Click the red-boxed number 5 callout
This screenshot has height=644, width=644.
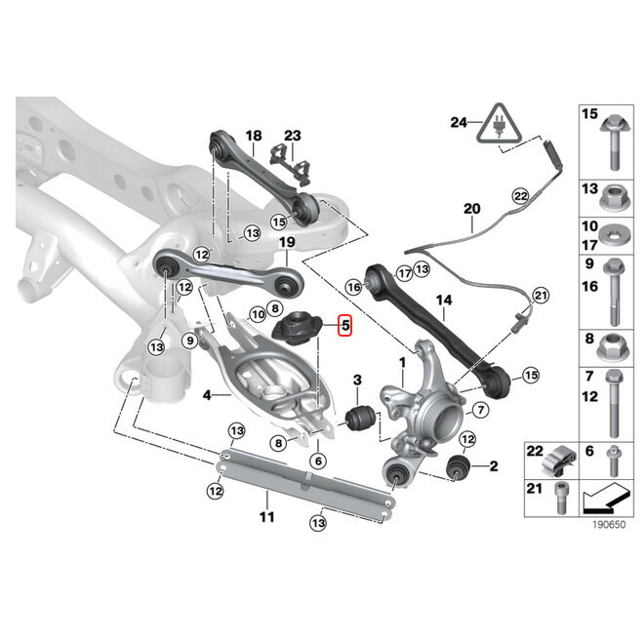(345, 325)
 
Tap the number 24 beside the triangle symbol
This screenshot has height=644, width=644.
(459, 122)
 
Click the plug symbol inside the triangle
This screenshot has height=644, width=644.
(499, 124)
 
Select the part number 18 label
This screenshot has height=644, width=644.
(254, 136)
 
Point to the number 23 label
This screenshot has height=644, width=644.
(293, 136)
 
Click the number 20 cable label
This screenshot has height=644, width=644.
(471, 209)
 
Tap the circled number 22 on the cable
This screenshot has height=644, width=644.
(521, 196)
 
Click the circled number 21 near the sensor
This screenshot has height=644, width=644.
(541, 296)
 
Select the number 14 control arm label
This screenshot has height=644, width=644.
(444, 301)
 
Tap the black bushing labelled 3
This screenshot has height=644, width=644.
(361, 417)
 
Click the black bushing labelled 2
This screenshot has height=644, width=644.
(458, 467)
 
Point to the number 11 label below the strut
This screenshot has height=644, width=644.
(266, 517)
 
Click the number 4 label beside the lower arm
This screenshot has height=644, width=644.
(207, 395)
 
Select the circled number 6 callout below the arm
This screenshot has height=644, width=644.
(318, 462)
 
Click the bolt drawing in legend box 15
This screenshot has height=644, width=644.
(615, 141)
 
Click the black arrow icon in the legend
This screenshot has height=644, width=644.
(606, 499)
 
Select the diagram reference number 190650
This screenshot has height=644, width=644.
(609, 525)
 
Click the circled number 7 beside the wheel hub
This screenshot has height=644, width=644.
(480, 410)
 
